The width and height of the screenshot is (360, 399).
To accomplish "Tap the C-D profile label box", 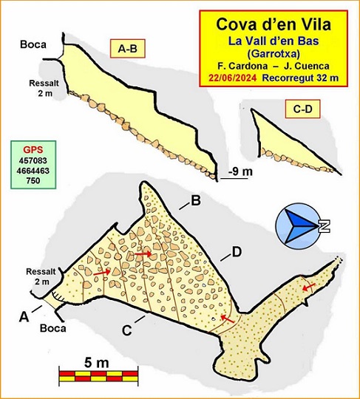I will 302,109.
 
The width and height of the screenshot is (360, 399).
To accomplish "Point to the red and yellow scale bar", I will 97,377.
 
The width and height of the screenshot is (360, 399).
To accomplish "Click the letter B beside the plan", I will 196,200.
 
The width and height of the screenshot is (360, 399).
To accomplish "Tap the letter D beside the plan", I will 237,252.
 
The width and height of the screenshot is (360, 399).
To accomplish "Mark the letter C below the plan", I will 127,330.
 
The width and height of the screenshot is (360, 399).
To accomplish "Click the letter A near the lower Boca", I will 24,316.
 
